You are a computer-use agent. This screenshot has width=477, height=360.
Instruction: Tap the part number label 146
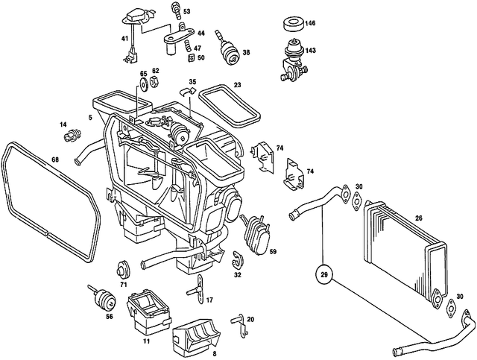310,24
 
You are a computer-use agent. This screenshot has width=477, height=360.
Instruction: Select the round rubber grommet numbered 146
292,23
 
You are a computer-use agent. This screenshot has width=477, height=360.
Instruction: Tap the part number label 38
246,53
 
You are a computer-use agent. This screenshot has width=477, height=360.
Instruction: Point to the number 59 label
273,251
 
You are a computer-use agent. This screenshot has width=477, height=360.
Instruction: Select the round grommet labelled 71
123,268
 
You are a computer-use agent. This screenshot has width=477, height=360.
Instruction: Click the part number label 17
209,300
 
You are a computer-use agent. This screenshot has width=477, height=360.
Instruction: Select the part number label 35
192,82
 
